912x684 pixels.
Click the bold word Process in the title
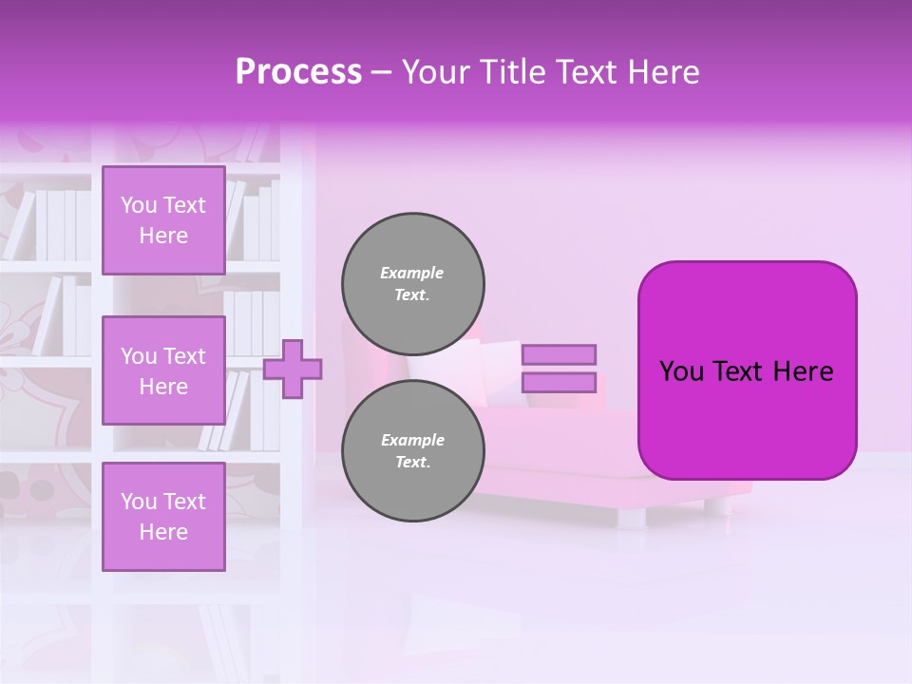coord(298,72)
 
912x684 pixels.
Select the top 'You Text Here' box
coord(163,220)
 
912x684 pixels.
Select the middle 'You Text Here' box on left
coord(163,370)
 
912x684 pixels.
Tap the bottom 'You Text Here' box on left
coord(163,517)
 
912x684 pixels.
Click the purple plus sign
coord(292,370)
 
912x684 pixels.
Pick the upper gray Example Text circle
coord(413,283)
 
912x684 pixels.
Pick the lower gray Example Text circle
coord(413,450)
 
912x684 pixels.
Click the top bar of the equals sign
coord(559,354)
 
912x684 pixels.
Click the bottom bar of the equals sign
coord(559,383)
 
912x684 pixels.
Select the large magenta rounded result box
coord(747,418)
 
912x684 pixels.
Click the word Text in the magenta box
coord(748,371)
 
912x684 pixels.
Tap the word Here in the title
coord(664,72)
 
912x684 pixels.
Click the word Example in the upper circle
coord(411,273)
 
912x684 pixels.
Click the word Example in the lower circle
coord(412,440)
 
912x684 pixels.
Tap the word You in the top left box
coord(139,205)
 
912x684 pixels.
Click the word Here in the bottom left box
coord(163,532)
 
